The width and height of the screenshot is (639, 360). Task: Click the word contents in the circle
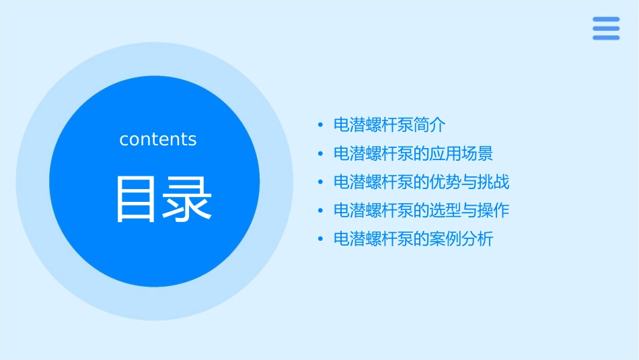click(158, 139)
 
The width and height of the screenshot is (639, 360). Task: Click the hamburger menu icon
click(606, 28)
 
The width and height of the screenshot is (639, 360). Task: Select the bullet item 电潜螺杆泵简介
click(389, 125)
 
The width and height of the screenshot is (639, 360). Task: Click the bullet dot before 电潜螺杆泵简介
click(321, 126)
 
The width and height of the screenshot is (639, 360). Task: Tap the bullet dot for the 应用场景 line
click(321, 154)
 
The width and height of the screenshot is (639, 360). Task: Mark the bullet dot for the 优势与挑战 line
click(321, 182)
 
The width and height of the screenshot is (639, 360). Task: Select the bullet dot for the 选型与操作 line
click(321, 211)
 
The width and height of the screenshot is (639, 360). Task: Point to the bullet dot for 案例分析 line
click(321, 240)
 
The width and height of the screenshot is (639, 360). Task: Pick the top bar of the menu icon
click(606, 20)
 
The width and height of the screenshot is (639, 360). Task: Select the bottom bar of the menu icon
click(606, 38)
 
